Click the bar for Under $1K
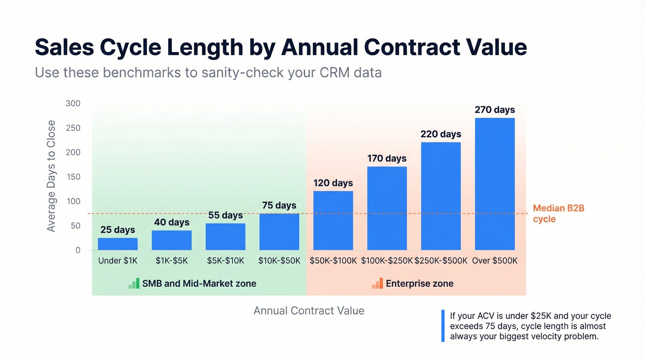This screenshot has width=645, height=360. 117,244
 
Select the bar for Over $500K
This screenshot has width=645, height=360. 494,184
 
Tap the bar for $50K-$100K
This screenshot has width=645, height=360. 333,220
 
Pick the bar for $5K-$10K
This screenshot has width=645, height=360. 225,236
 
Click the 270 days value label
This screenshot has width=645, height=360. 494,110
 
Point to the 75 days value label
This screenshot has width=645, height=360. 279,205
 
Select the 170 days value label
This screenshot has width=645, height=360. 387,159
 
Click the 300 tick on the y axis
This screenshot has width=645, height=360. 73,104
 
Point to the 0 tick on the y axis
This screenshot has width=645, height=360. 78,250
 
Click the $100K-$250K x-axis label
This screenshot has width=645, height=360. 387,261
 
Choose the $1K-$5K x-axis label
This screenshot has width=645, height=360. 171,261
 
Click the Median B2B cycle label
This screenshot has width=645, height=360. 558,213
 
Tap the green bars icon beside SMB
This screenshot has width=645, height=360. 134,283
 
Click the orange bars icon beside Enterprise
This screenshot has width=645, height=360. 377,283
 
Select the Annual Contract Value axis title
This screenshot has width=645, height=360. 309,311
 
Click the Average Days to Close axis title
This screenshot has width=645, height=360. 51,176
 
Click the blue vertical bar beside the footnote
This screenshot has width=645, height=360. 443,326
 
